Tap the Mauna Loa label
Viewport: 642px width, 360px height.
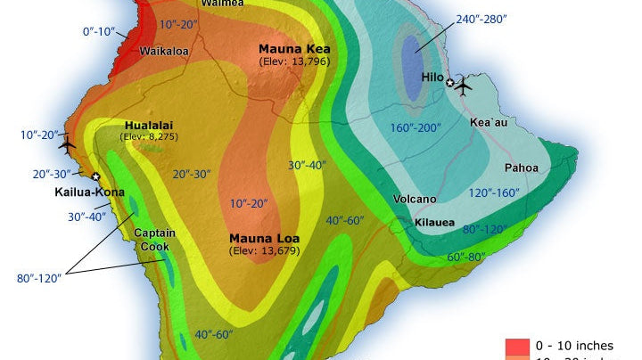(x=264, y=239)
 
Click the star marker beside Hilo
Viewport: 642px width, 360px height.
(x=450, y=85)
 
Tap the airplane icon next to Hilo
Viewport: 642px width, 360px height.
(x=463, y=85)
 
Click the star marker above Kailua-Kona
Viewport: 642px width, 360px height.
(x=95, y=176)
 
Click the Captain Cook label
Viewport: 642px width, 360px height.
(x=154, y=240)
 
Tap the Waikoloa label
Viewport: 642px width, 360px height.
(x=164, y=52)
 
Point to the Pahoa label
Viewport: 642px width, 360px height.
(x=522, y=168)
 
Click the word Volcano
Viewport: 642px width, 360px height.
(x=416, y=199)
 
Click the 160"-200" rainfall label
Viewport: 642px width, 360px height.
(x=416, y=127)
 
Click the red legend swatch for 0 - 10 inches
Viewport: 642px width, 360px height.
(x=518, y=345)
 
